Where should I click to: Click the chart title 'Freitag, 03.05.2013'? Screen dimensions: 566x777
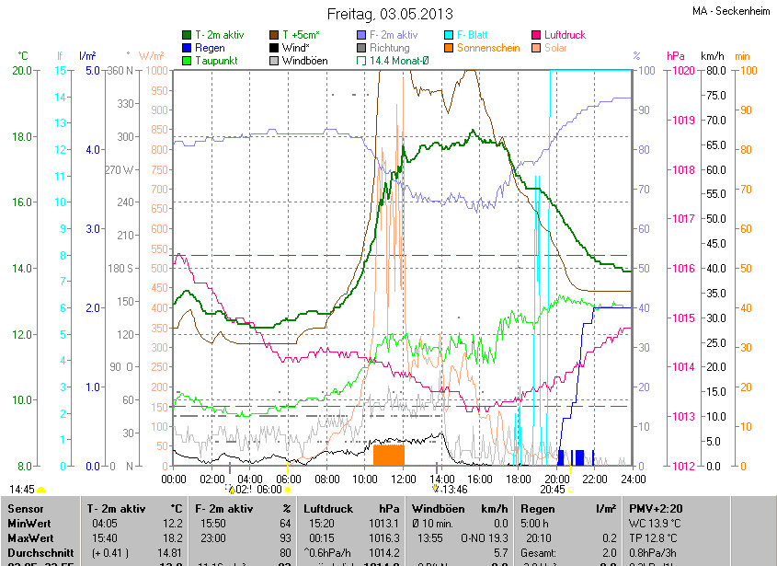(x=389, y=14)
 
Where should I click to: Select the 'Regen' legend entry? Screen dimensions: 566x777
(x=210, y=47)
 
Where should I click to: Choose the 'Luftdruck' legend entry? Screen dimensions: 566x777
(x=564, y=35)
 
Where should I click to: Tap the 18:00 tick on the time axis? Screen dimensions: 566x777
(x=519, y=479)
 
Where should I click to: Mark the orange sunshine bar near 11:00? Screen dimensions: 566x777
(x=389, y=455)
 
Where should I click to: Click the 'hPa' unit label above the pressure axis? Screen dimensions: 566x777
(x=676, y=56)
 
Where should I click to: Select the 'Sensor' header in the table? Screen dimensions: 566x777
(x=26, y=508)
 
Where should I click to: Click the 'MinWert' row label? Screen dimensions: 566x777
(x=29, y=523)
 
